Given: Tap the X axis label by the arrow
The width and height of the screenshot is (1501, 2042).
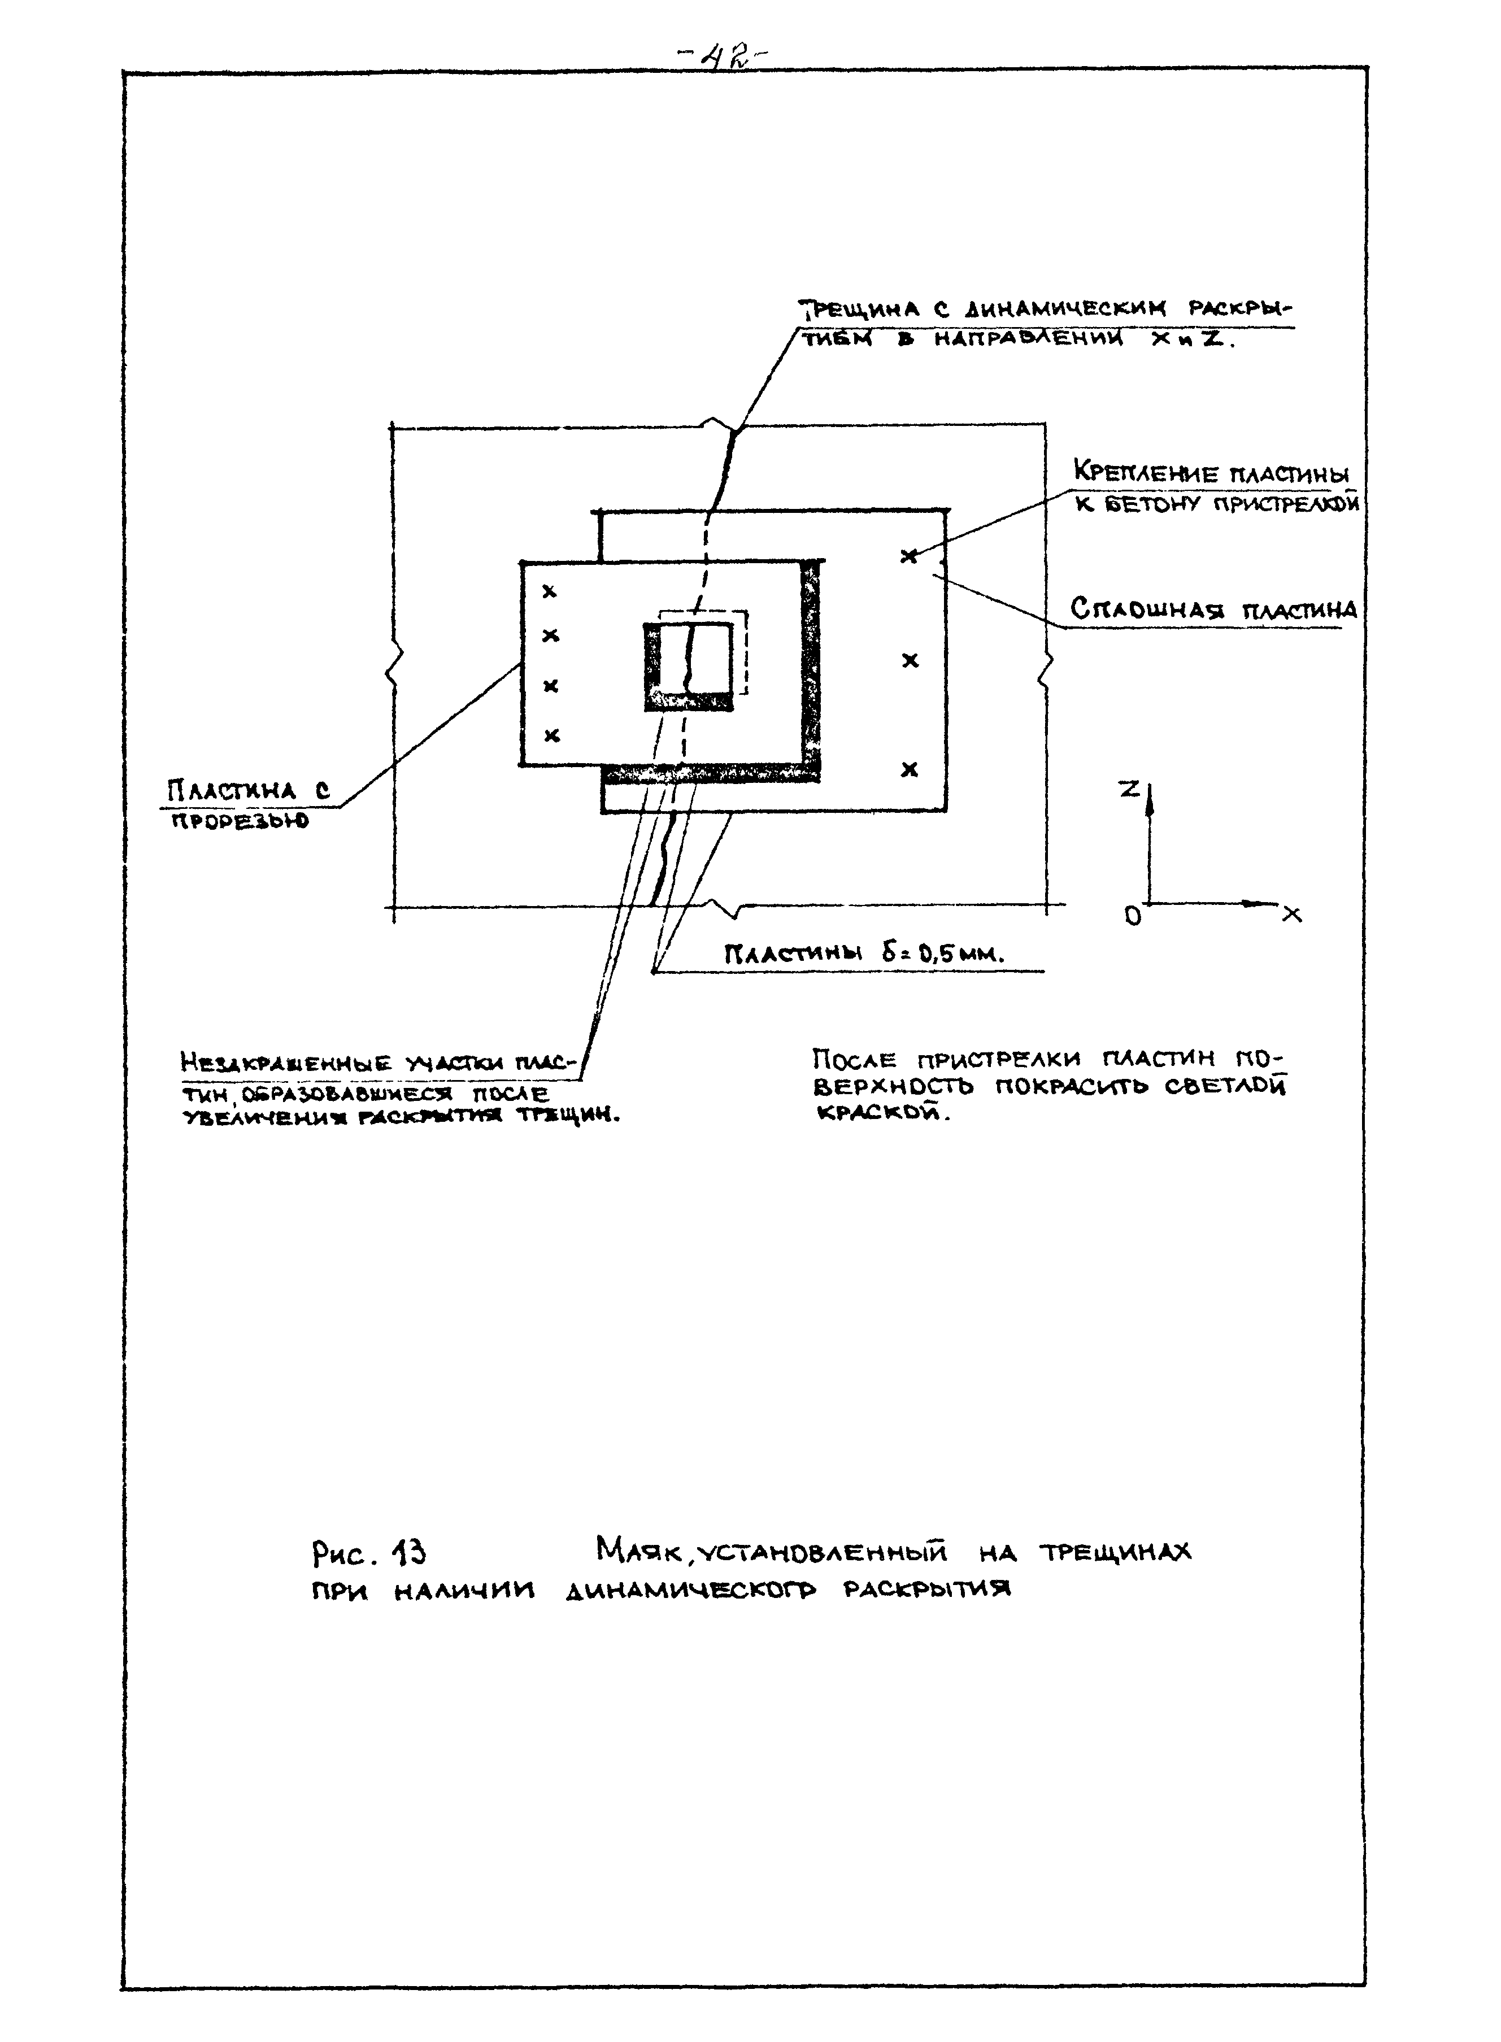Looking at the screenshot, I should pos(1292,915).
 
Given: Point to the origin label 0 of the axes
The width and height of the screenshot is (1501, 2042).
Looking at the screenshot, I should pos(1132,917).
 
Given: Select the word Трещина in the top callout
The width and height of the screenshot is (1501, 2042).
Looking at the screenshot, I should pos(860,310).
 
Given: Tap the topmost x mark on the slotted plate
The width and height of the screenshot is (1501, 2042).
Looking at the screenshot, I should pos(549,591).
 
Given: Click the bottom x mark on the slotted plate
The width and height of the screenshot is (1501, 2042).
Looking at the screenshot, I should pos(551,735).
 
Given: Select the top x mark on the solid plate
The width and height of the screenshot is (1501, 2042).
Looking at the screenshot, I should pos(908,556).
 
